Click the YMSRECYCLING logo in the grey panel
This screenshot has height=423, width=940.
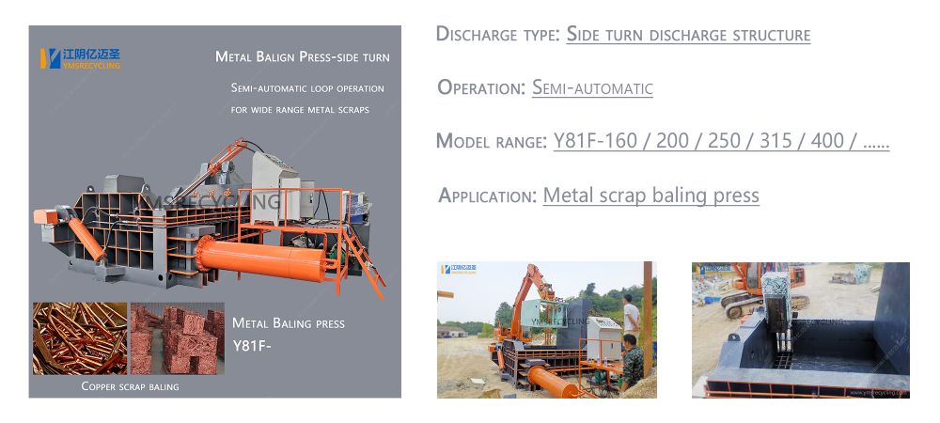80,58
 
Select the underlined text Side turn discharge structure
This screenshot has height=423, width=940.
688,34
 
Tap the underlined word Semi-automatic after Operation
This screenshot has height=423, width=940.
592,88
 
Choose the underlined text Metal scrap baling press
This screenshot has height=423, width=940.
651,196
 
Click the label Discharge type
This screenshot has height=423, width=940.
498,34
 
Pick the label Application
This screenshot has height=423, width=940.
487,196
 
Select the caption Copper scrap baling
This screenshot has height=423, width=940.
130,386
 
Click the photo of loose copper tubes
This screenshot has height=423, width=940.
80,338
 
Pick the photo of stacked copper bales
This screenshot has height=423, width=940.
178,338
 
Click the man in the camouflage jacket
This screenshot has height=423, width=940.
632,363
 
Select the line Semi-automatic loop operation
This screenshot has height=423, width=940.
307,88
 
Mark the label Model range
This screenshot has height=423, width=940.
491,141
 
